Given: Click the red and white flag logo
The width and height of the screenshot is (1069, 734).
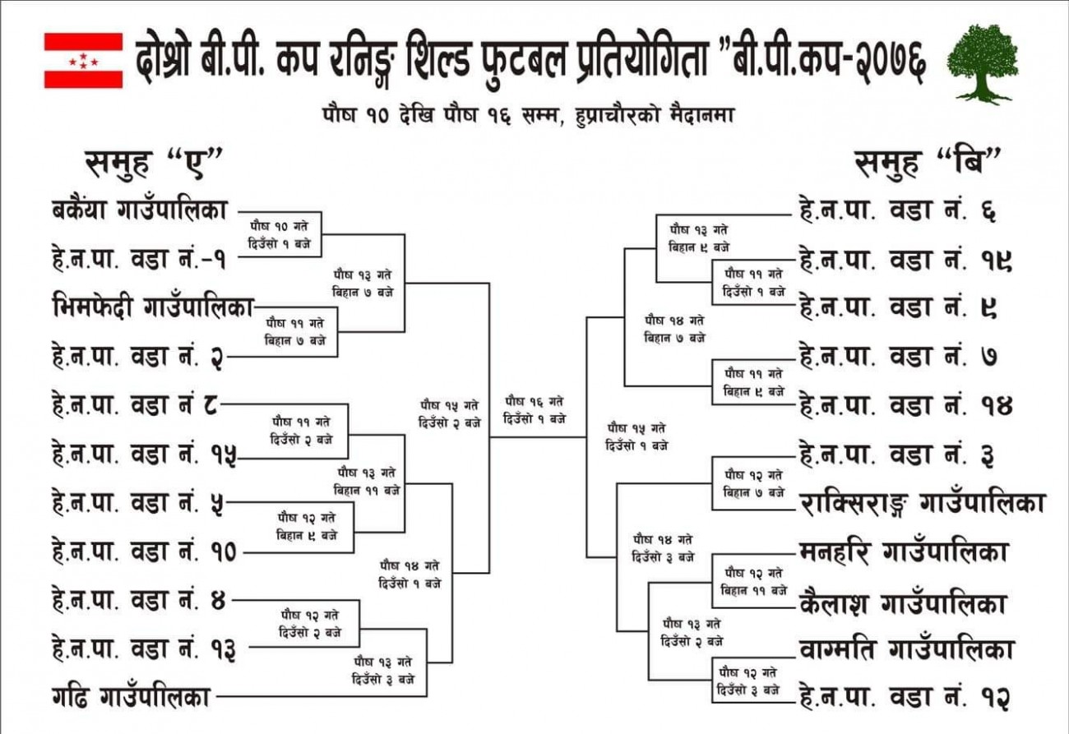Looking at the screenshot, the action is tap(84, 61).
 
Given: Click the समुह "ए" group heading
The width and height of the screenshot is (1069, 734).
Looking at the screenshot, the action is tap(154, 164).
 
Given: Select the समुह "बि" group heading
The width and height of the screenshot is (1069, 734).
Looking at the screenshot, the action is tap(928, 164).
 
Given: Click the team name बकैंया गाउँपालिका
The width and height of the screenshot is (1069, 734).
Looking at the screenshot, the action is tap(140, 210).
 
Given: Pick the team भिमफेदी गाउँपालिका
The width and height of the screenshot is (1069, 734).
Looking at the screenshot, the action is tap(153, 307).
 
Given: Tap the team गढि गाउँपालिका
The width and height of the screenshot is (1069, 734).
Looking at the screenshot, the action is tap(132, 697).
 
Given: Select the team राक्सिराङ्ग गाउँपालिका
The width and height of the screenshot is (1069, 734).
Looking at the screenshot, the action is tap(923, 504).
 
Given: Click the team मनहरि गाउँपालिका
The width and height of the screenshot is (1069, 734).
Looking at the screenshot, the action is tap(903, 552).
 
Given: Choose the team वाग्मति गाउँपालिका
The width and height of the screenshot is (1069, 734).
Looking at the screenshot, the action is tap(906, 649).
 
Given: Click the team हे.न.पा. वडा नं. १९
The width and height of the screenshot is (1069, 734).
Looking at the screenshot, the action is tap(906, 261).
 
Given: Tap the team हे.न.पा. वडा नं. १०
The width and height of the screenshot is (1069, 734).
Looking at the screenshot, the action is tap(144, 552).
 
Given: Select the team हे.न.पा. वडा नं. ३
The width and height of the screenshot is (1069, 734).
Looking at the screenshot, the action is tap(897, 455).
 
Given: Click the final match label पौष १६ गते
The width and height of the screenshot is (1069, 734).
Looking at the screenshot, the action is tap(534, 401).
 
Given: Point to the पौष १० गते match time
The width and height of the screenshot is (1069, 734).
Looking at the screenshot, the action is tap(280, 234).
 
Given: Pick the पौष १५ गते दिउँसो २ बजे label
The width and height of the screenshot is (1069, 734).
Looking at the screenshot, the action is tap(450, 414).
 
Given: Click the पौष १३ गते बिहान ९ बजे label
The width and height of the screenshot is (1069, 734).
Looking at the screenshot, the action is tap(699, 239).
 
